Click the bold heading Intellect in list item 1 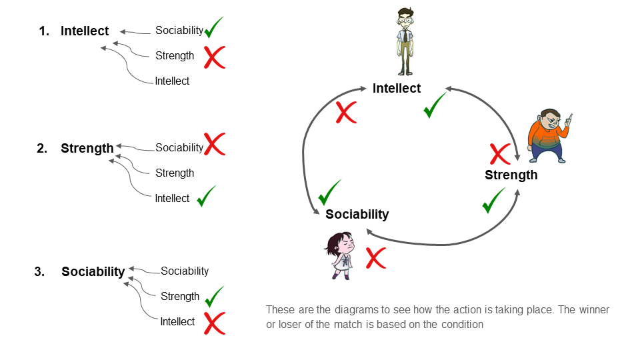tap(84, 31)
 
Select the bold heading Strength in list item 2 tap(87, 148)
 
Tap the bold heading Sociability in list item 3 tap(93, 271)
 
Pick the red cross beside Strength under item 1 tap(214, 57)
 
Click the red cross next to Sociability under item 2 tap(214, 144)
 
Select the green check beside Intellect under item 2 tap(207, 196)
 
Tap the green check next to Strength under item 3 tap(214, 295)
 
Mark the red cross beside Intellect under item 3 tap(213, 323)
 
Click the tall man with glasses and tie tap(405, 41)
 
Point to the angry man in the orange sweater tap(549, 135)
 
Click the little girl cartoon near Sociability tap(341, 255)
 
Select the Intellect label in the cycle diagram tap(397, 88)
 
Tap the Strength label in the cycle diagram tap(511, 175)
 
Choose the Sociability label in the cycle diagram tap(357, 214)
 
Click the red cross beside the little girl tap(376, 257)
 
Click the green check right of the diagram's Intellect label tap(435, 105)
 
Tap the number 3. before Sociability tap(39, 271)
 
